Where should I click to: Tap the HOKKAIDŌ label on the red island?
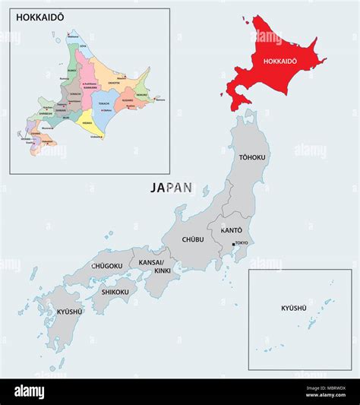point(279,60)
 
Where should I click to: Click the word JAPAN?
point(171,186)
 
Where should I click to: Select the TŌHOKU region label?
point(252,157)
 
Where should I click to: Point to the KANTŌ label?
point(231,229)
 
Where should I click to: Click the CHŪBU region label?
point(193,239)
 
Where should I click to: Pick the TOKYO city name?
point(242,244)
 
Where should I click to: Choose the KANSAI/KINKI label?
point(155,266)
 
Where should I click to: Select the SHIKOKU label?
point(115,291)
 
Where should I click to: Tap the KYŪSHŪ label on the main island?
point(69,311)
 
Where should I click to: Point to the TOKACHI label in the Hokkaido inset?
point(104,103)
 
